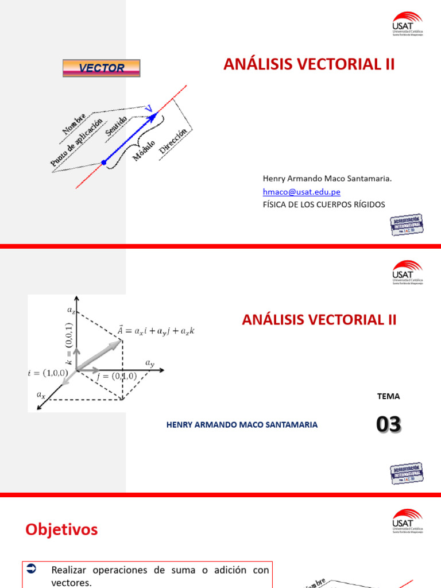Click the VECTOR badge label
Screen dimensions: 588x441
[101, 68]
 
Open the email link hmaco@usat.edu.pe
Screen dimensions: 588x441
[301, 192]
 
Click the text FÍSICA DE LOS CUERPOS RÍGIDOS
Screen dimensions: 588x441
[324, 204]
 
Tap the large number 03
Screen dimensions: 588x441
[389, 425]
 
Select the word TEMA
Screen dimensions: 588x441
[388, 396]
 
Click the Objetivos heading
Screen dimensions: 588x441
[61, 529]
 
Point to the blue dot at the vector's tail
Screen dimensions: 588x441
[104, 163]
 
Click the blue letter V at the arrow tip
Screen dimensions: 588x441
[149, 109]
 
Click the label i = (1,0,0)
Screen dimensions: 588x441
[48, 373]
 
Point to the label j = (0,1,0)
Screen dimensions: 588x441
[116, 376]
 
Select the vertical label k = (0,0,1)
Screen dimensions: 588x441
[68, 343]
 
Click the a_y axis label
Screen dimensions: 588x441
[150, 363]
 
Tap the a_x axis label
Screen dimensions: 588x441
[41, 394]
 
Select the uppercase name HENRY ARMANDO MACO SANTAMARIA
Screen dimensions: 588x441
[242, 424]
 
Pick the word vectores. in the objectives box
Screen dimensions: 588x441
[71, 582]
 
